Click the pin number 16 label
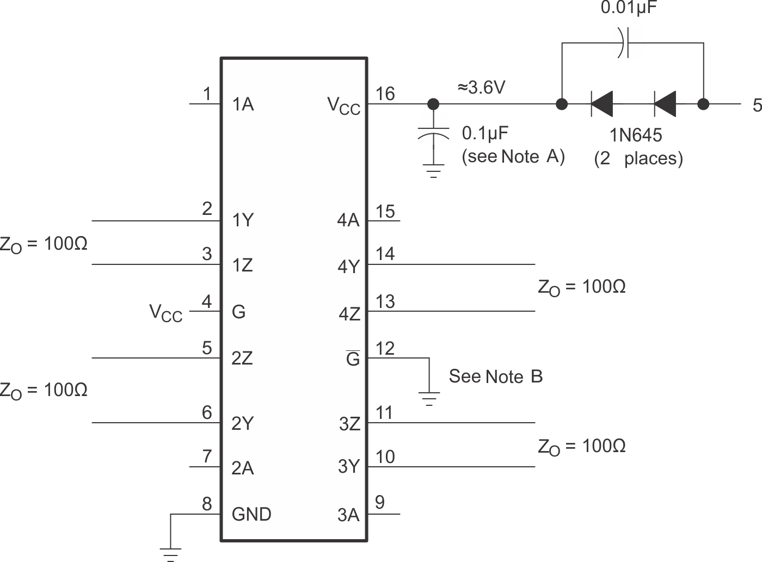[385, 94]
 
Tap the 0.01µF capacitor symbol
[624, 43]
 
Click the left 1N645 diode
[602, 103]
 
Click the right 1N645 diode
[665, 103]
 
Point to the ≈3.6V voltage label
[481, 87]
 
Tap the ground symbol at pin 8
[170, 554]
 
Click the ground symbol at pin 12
[429, 399]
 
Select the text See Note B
[495, 376]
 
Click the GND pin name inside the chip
[251, 514]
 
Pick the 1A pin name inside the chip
[243, 104]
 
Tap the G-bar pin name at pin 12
[353, 359]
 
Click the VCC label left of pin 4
[166, 313]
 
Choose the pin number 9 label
[380, 502]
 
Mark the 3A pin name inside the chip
[348, 515]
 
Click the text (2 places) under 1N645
[638, 158]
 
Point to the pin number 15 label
[385, 212]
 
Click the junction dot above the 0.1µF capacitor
[433, 103]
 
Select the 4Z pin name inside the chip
[349, 314]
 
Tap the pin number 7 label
[207, 456]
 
